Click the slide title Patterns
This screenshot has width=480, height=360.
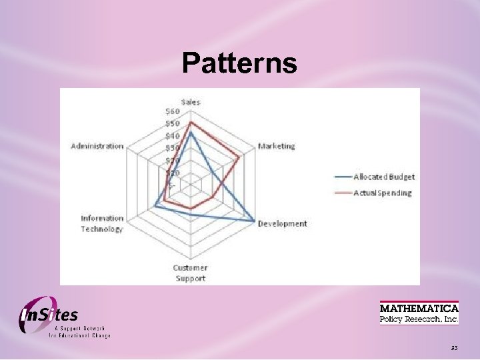tap(239, 63)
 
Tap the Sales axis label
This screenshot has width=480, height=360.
tap(191, 102)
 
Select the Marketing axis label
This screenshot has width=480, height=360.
tap(276, 146)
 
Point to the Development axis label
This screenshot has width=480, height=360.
tap(283, 224)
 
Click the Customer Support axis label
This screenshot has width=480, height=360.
tap(191, 273)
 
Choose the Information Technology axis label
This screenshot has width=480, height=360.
tap(102, 223)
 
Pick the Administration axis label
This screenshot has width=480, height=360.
tap(97, 146)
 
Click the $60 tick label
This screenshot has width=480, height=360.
tap(173, 111)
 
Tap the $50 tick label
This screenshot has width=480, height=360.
tap(173, 124)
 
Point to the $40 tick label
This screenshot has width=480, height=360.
tap(173, 136)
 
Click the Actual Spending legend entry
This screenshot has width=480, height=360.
tap(382, 193)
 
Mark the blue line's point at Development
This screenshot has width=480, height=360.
tap(254, 220)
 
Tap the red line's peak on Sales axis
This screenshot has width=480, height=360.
tap(191, 123)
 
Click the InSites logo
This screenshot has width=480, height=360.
tap(50, 315)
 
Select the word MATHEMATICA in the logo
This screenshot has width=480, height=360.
tap(419, 308)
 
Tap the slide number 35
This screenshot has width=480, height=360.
tap(454, 347)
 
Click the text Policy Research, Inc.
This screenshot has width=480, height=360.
tap(419, 319)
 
